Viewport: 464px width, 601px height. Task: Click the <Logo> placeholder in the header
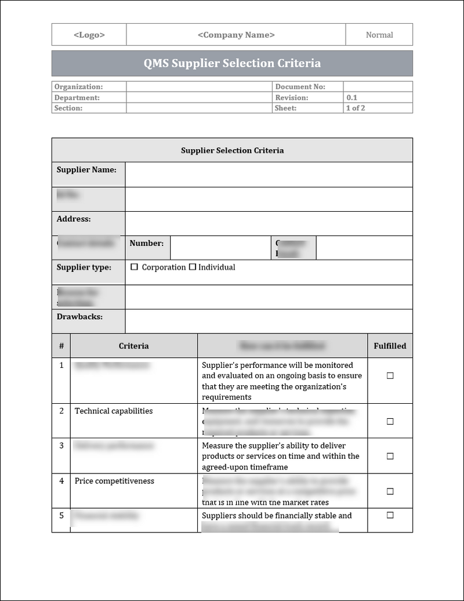pos(89,35)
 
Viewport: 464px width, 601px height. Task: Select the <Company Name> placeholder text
pos(236,35)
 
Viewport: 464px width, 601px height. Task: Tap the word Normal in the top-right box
pos(379,35)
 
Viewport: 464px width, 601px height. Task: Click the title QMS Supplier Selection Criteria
pos(232,63)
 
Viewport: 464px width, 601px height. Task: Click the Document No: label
pos(300,86)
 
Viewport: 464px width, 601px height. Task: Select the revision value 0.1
pos(352,97)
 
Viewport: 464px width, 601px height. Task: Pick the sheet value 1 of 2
pos(356,108)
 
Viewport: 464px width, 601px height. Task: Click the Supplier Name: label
pos(86,170)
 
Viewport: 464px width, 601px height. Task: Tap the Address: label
pos(74,219)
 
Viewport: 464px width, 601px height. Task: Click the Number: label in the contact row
pos(146,243)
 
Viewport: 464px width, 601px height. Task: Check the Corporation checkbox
pos(135,267)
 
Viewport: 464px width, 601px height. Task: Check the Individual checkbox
pos(193,267)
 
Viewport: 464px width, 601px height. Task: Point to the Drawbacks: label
pos(79,317)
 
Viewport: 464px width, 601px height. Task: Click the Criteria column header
pos(133,346)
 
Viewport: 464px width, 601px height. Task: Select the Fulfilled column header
pos(390,346)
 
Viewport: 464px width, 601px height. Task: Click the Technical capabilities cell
pos(114,411)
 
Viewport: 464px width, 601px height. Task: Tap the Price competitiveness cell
pos(114,481)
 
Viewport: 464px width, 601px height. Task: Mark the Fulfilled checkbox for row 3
pos(390,456)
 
